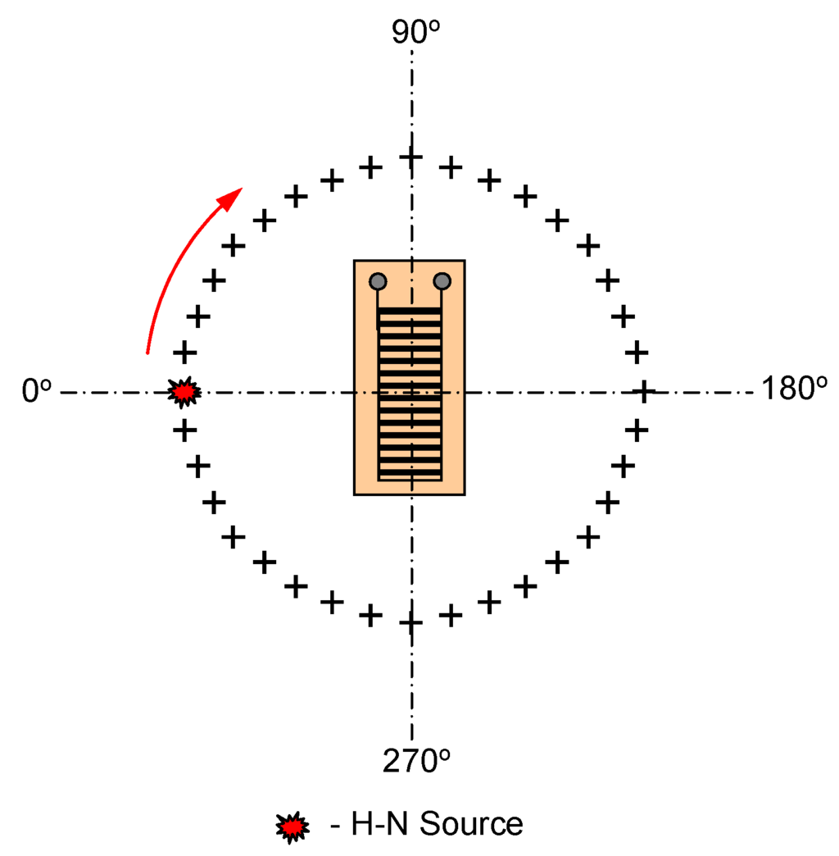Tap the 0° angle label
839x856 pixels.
pos(37,392)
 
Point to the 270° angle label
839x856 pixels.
pos(416,762)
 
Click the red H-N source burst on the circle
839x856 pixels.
pos(184,393)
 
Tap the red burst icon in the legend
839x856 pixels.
pos(293,826)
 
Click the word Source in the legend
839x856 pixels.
pos(470,824)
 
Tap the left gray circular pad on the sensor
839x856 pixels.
pos(378,281)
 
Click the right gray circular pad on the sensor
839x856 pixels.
pos(442,281)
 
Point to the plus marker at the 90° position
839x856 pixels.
pos(410,157)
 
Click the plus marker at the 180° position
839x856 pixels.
pos(643,391)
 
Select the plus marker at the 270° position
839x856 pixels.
pos(410,623)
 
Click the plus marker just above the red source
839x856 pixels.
pos(185,353)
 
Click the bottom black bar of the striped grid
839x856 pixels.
pos(410,477)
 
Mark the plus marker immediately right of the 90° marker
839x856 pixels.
pos(450,168)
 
